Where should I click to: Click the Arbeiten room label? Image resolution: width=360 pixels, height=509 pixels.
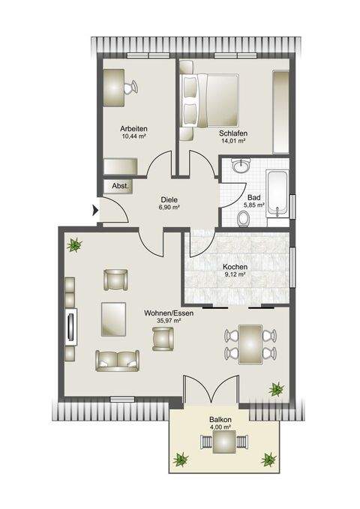point(132,128)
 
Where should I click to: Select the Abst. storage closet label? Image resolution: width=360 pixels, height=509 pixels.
point(119,186)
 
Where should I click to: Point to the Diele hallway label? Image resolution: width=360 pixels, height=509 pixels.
point(169,199)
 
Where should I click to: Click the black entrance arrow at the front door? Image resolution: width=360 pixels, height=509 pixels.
point(94,212)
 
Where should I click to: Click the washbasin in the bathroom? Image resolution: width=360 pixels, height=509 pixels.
point(241,166)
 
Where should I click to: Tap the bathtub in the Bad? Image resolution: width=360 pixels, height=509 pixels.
point(277,196)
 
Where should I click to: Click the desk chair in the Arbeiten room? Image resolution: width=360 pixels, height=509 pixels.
point(133,88)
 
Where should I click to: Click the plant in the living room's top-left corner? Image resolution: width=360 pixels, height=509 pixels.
point(75,244)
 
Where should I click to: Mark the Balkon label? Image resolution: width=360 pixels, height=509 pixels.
point(220,420)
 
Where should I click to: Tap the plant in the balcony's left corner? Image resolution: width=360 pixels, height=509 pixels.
point(181,459)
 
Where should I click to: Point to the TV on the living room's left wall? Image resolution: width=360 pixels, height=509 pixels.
point(72,327)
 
